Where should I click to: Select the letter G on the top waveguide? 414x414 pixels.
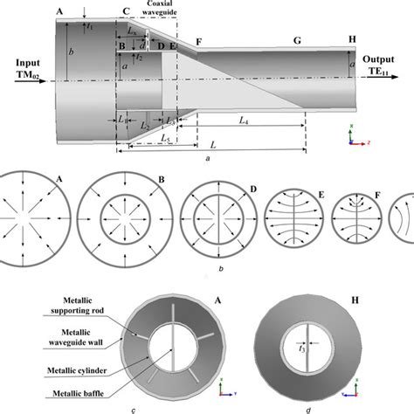pos(299,41)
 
